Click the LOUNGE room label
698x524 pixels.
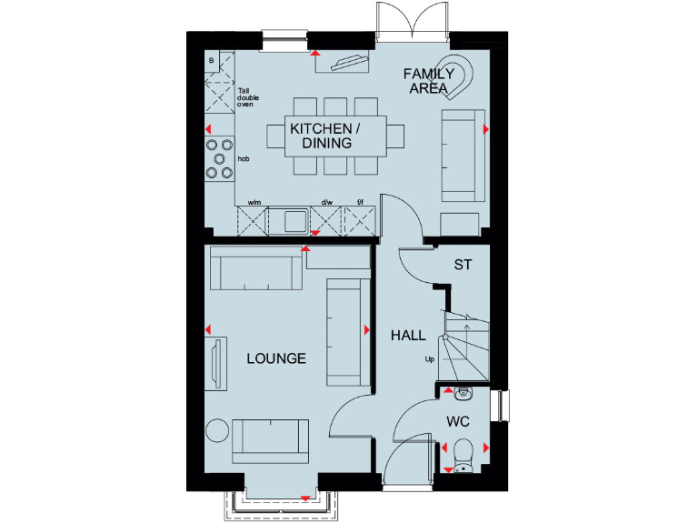pos(276,358)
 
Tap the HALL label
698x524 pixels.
pos(408,336)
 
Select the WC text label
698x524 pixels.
pos(457,422)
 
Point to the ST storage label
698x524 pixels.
pos(463,266)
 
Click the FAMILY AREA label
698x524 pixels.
pos(429,81)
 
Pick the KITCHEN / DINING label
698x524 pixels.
pos(326,136)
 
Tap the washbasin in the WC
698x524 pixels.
pos(463,393)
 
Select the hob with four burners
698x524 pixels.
pos(219,157)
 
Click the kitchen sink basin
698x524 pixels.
pos(294,219)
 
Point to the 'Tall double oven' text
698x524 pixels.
pos(244,98)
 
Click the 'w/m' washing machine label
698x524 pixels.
pos(255,202)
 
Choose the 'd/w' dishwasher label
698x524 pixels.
pos(325,202)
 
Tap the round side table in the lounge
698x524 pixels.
pos(217,429)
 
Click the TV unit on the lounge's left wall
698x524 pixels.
pos(216,362)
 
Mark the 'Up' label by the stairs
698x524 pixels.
pos(429,359)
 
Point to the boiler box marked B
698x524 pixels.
pos(212,61)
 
